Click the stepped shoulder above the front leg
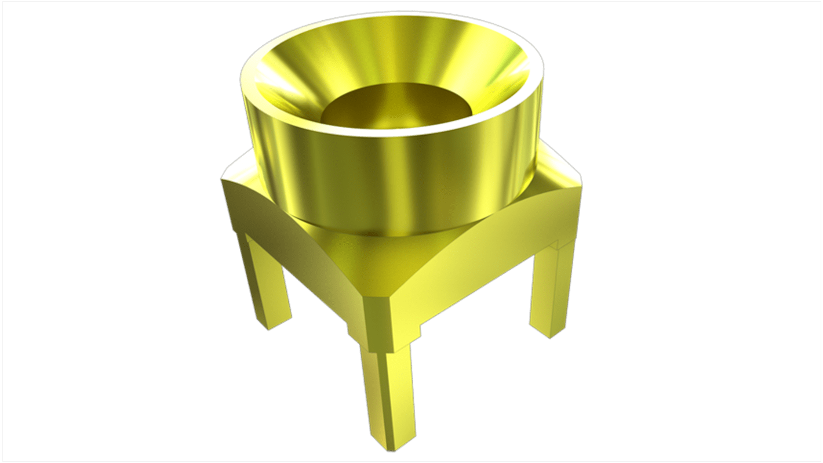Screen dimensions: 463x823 tap(385, 342)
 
